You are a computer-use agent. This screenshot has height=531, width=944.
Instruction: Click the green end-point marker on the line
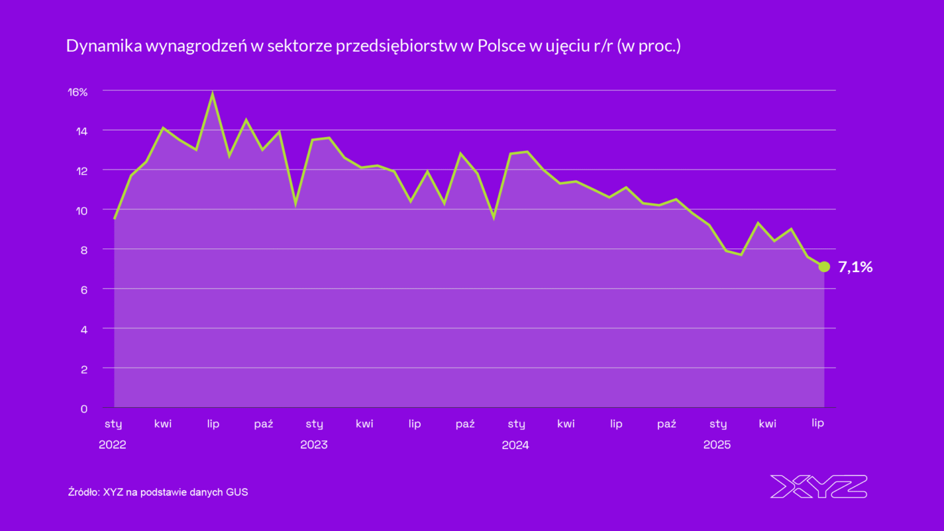pyautogui.click(x=824, y=267)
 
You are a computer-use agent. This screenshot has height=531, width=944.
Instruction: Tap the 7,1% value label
pyautogui.click(x=855, y=267)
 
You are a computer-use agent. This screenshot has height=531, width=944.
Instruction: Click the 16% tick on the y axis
pyautogui.click(x=78, y=92)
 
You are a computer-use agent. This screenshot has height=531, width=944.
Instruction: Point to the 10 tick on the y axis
pyautogui.click(x=81, y=210)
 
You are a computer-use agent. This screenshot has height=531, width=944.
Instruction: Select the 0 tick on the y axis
pyautogui.click(x=84, y=409)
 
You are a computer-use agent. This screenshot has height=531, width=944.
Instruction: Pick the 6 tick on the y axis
pyautogui.click(x=84, y=290)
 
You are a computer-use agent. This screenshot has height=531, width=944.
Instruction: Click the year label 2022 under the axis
pyautogui.click(x=112, y=444)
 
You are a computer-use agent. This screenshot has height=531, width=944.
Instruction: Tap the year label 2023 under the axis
pyautogui.click(x=314, y=444)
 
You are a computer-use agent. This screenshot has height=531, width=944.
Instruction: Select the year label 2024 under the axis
pyautogui.click(x=515, y=444)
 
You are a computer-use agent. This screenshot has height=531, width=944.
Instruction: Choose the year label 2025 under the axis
pyautogui.click(x=717, y=444)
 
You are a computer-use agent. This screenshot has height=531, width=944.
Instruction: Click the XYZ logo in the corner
pyautogui.click(x=818, y=486)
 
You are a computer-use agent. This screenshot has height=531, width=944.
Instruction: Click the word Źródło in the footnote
pyautogui.click(x=83, y=492)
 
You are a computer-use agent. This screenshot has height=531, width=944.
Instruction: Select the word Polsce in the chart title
pyautogui.click(x=498, y=47)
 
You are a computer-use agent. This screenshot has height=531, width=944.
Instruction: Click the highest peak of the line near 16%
pyautogui.click(x=212, y=94)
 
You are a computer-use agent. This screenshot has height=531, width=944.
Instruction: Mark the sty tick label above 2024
pyautogui.click(x=516, y=424)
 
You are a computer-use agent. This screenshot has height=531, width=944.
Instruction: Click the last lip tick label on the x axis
pyautogui.click(x=817, y=423)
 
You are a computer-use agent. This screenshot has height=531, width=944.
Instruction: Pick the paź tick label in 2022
pyautogui.click(x=264, y=423)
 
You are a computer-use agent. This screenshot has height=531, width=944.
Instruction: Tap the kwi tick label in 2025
pyautogui.click(x=768, y=423)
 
